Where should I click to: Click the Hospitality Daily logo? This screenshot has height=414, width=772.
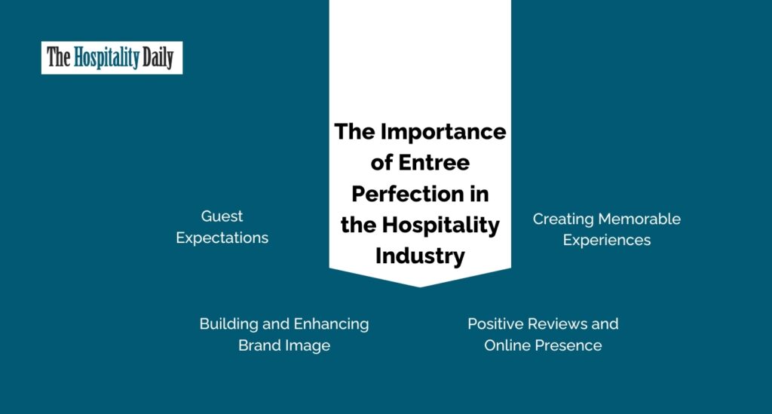pyautogui.click(x=112, y=57)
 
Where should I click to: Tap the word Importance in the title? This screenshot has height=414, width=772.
pyautogui.click(x=443, y=133)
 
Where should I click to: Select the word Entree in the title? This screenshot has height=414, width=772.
pyautogui.click(x=433, y=162)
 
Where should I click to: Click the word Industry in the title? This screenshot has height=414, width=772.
pyautogui.click(x=420, y=256)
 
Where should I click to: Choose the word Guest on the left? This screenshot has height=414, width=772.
pyautogui.click(x=222, y=216)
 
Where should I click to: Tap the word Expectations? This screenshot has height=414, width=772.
pyautogui.click(x=222, y=238)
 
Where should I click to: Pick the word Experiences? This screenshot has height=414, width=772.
pyautogui.click(x=607, y=241)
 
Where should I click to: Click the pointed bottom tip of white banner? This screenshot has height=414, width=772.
pyautogui.click(x=420, y=287)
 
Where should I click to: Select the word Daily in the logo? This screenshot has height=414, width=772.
pyautogui.click(x=158, y=57)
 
